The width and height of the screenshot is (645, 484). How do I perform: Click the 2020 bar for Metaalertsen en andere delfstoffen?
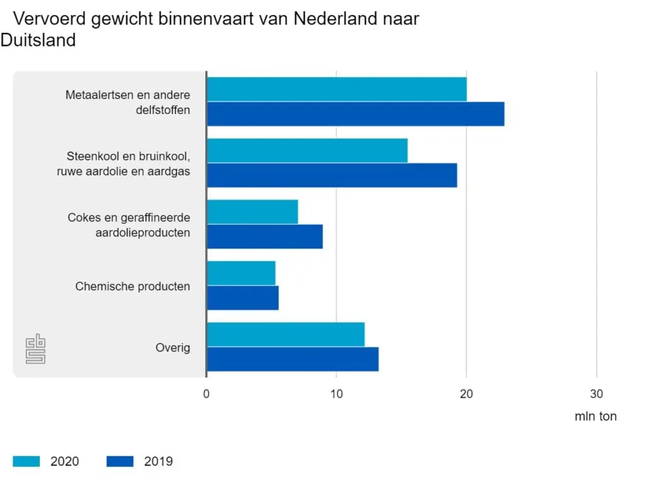pyautogui.click(x=337, y=89)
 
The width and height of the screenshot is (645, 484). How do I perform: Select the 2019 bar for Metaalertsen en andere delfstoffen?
pyautogui.click(x=356, y=113)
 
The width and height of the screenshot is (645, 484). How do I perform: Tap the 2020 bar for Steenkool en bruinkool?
pyautogui.click(x=307, y=150)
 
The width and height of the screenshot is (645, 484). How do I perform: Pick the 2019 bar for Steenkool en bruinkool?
pyautogui.click(x=332, y=175)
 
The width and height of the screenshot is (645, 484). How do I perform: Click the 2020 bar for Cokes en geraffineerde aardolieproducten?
pyautogui.click(x=253, y=212)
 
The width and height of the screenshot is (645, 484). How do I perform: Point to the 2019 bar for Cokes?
pyautogui.click(x=265, y=236)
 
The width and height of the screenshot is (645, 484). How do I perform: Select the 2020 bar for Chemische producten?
pyautogui.click(x=241, y=273)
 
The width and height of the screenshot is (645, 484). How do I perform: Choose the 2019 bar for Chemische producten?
pyautogui.click(x=243, y=297)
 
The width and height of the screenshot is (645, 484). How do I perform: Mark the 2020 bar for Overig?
pyautogui.click(x=286, y=334)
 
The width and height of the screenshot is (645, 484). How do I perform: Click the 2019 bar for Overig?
pyautogui.click(x=293, y=359)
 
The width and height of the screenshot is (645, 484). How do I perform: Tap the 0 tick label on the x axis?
pyautogui.click(x=207, y=394)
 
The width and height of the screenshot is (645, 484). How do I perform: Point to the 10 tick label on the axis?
pyautogui.click(x=336, y=394)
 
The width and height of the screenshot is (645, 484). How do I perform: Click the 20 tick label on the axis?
pyautogui.click(x=466, y=394)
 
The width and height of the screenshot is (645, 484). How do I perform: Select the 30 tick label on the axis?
pyautogui.click(x=596, y=394)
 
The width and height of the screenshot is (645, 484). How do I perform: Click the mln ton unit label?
pyautogui.click(x=595, y=417)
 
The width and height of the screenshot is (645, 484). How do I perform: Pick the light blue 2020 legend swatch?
pyautogui.click(x=26, y=461)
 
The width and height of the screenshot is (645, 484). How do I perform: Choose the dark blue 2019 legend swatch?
pyautogui.click(x=120, y=461)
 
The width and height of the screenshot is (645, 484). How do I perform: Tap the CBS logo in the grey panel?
pyautogui.click(x=35, y=349)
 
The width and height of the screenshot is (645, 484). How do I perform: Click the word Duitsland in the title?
pyautogui.click(x=38, y=40)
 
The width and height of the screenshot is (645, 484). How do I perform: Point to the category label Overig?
pyautogui.click(x=173, y=348)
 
